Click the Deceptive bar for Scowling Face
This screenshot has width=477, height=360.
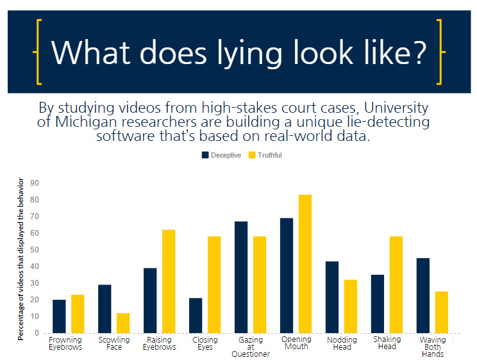105,309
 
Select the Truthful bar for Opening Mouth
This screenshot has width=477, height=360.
305,263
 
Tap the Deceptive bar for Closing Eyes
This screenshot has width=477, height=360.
196,315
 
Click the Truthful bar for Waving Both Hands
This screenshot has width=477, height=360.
442,312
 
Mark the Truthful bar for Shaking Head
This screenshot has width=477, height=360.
396,284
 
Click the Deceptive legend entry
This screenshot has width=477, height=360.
221,155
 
